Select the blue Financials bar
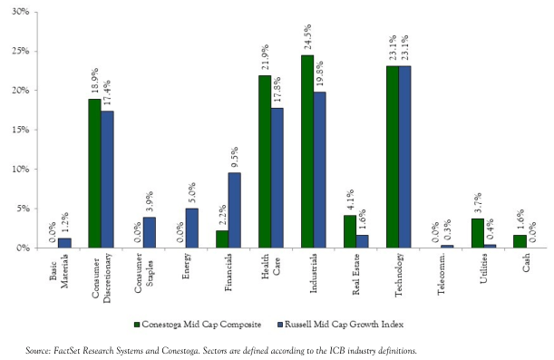(x=234, y=209)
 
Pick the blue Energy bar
(x=191, y=228)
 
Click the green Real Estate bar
(x=350, y=231)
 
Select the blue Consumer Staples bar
(x=150, y=232)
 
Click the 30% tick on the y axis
(x=30, y=13)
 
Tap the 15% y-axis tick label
(x=30, y=130)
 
